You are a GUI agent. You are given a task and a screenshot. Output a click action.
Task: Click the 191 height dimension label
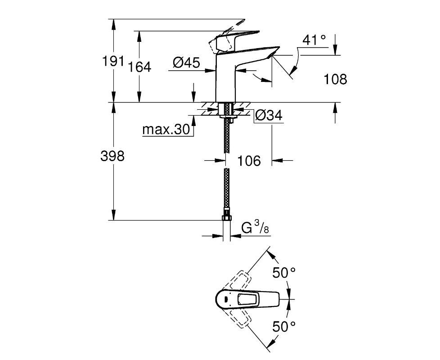tap(113, 61)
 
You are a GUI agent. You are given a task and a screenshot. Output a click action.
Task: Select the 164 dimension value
tap(139, 67)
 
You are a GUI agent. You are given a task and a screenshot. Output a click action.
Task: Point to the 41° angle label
tap(314, 40)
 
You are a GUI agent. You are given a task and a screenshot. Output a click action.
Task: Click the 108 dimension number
tap(335, 79)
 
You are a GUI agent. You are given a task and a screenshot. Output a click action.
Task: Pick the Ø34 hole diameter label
tap(269, 115)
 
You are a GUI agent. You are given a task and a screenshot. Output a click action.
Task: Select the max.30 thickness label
tap(166, 129)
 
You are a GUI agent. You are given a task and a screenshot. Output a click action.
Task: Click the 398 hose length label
tap(112, 156)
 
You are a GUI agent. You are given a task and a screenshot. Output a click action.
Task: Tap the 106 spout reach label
tap(249, 161)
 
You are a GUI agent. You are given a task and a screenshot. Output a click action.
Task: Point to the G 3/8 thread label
tap(255, 228)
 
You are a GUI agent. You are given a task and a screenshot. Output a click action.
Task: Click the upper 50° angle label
tap(284, 272)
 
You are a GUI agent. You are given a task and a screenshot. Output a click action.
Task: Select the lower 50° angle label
tap(284, 327)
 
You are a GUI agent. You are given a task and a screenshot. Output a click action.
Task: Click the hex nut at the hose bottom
tap(226, 218)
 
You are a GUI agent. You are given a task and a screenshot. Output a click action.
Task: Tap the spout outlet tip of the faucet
tap(272, 56)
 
